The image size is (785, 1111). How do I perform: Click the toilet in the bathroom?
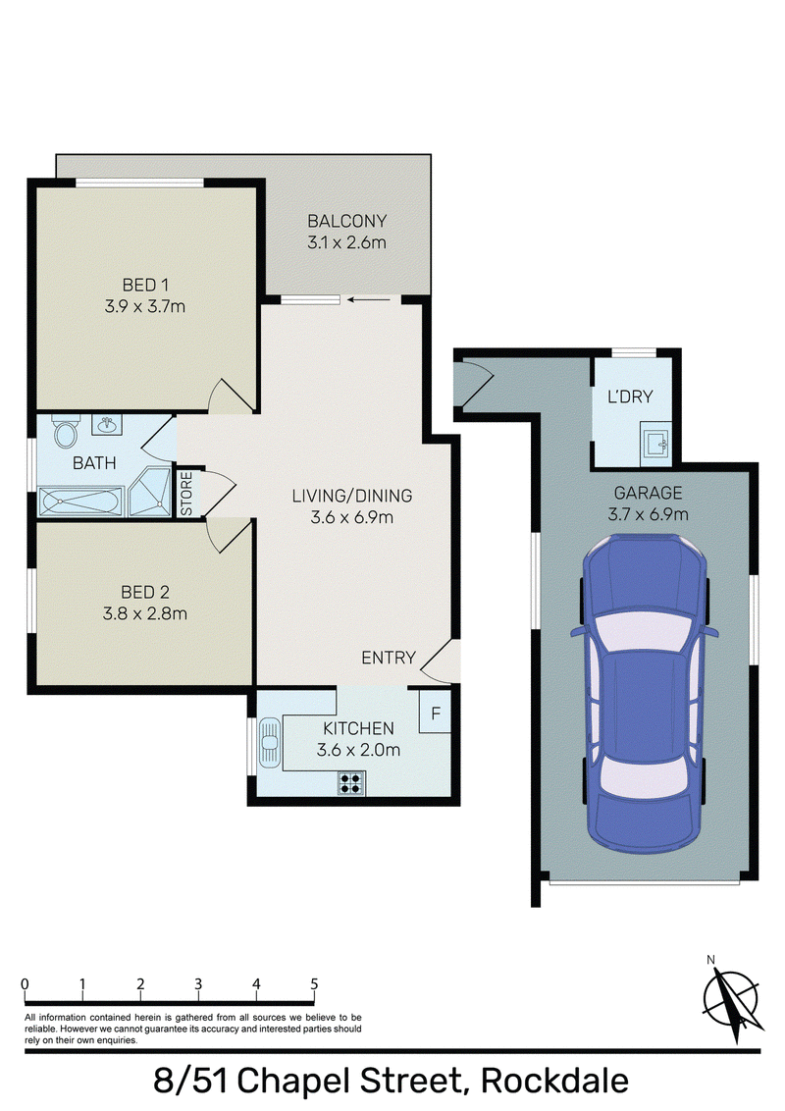[66, 432]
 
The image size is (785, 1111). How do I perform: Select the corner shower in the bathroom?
[150, 491]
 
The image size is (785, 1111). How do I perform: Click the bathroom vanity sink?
[107, 424]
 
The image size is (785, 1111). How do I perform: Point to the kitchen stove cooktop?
[351, 782]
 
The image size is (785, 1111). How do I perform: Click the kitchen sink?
[269, 743]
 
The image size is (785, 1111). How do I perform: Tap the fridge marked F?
[435, 713]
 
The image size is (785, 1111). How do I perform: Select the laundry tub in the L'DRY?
[656, 445]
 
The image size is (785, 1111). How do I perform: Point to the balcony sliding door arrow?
[368, 299]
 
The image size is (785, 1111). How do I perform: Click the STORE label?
[186, 494]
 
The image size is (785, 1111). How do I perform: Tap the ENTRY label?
[389, 658]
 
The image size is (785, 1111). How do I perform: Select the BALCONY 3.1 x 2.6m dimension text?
[346, 242]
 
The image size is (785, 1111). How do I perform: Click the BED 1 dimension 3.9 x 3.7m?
[145, 306]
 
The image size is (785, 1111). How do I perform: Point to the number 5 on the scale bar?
[314, 983]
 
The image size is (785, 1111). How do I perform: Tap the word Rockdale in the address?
[554, 1081]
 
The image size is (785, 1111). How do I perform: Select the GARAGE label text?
[648, 493]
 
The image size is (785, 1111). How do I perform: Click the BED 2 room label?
[145, 592]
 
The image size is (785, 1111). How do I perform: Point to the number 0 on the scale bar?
[26, 983]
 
